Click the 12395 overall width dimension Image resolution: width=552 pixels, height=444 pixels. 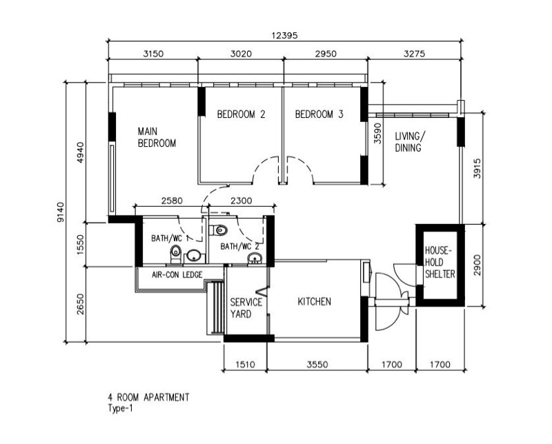pos(284,36)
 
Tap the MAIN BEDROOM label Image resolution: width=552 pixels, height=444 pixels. pos(157,137)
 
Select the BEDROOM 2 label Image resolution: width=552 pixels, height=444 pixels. pos(241,114)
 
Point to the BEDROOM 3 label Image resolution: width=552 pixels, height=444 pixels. pos(319,114)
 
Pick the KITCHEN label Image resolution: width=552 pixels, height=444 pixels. pos(315,301)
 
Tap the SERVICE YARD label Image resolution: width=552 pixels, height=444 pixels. pos(246,308)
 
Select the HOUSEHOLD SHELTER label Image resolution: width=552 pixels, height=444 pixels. pos(440,262)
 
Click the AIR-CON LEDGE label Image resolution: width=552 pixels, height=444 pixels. pos(177,274)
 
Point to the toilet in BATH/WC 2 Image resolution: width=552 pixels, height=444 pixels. pos(219,230)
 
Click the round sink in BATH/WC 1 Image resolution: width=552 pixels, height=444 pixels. pos(194,255)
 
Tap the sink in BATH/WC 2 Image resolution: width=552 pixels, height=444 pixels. pos(255,259)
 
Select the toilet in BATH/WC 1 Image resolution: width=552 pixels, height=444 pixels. pos(175,254)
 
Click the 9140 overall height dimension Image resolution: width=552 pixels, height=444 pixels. pos(61,212)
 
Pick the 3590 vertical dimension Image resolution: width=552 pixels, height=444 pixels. pos(377,133)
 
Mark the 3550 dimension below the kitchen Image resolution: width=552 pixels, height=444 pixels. pos(317,364)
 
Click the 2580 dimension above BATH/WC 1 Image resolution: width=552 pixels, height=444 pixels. pos(172,201)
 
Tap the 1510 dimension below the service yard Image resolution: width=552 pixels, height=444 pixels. pos(245,364)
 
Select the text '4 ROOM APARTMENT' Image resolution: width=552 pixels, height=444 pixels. pos(148,397)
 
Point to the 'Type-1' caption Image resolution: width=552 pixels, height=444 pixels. pos(120,408)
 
